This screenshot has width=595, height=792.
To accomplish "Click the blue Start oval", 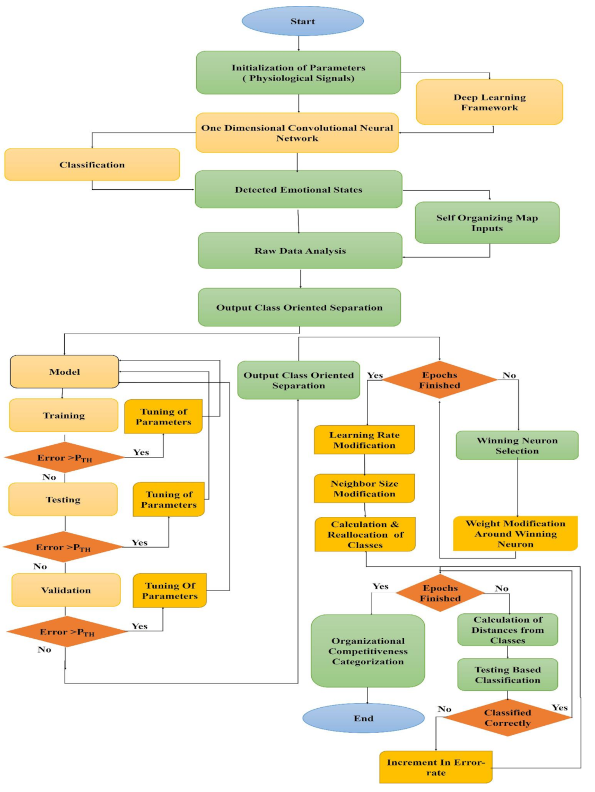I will tap(302, 21).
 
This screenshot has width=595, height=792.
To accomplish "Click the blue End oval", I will tap(363, 718).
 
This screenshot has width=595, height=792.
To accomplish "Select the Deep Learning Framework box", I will tap(489, 102).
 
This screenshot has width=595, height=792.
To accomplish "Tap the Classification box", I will tap(92, 165).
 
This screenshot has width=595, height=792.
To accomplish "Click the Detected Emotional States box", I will tap(299, 190).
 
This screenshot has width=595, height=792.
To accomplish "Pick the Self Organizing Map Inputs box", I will tap(487, 223).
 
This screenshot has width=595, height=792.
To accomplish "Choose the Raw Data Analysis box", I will tap(300, 251).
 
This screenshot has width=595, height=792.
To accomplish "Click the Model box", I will tap(64, 372).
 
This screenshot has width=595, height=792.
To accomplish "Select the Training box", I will tap(64, 416).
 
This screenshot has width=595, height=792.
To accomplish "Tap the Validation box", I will tap(66, 590).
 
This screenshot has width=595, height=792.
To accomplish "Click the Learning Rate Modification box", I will tap(364, 440).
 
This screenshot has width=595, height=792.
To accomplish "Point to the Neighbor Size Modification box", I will tap(364, 488).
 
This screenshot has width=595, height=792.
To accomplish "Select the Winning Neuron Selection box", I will tap(517, 445).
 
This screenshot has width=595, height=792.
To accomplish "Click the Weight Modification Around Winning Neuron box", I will tap(515, 534).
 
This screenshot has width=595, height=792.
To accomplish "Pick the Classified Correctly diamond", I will tap(507, 718).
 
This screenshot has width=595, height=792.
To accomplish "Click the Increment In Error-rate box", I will tap(435, 767).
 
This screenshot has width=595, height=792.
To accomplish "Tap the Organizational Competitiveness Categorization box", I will tap(367, 651).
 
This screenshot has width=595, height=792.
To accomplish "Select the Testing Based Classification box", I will tap(507, 675).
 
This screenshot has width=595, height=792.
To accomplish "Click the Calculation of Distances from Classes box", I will tap(507, 630).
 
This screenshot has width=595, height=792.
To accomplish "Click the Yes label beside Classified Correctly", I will tap(559, 708).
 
